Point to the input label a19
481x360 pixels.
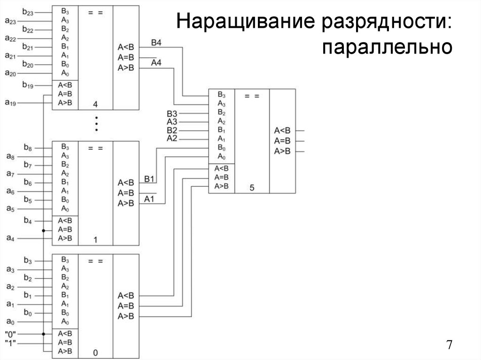click(x=10, y=102)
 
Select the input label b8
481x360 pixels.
click(x=27, y=148)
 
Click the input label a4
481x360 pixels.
click(x=10, y=238)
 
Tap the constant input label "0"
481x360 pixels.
click(x=10, y=334)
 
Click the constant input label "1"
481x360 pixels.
click(x=10, y=343)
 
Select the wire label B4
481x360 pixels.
click(x=156, y=43)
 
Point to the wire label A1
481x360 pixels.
click(x=149, y=199)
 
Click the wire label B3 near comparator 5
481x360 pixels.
click(x=172, y=114)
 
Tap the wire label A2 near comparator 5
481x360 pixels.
click(x=172, y=138)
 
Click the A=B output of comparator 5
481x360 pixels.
click(x=282, y=140)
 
